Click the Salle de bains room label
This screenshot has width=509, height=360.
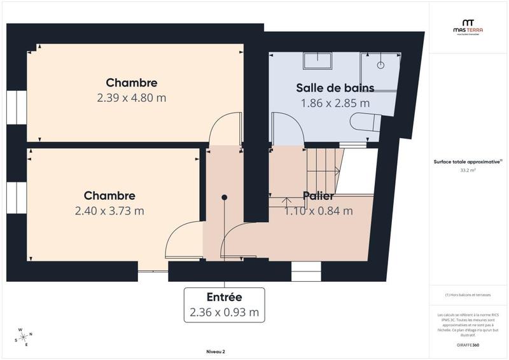[335, 88]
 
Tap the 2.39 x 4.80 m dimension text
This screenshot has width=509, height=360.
[132, 98]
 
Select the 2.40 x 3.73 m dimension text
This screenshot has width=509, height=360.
[109, 211]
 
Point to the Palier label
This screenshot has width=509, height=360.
[318, 195]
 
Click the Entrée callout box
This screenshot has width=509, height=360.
[224, 305]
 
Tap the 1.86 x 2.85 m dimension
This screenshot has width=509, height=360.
[335, 102]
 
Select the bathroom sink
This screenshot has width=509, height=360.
[317, 60]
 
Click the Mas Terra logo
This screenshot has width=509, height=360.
[467, 27]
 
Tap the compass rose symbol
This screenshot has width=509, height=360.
[24, 336]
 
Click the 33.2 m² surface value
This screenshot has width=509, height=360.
[468, 170]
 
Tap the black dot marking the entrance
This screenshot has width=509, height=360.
[224, 198]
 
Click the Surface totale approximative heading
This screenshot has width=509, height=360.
[468, 162]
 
